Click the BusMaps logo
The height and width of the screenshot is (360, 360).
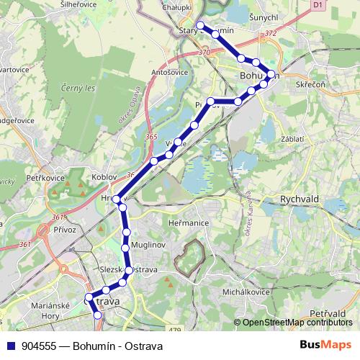coord(325,344)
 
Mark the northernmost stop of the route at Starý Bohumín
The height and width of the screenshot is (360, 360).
coord(200,27)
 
